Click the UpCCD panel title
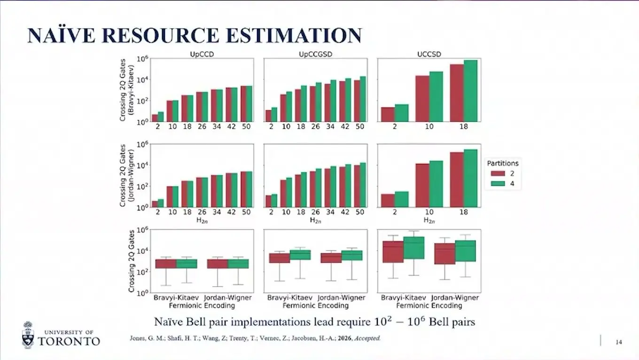click(x=202, y=54)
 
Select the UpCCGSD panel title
click(x=316, y=54)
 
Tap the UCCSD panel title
click(x=429, y=54)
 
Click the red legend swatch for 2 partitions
click(x=498, y=173)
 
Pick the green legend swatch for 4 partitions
click(x=498, y=183)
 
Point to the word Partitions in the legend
click(x=503, y=163)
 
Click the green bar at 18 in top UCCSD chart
click(x=470, y=91)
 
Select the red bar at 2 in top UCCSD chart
click(x=388, y=114)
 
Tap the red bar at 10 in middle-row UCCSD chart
click(x=422, y=186)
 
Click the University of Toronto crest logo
click(x=28, y=335)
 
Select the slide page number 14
click(x=619, y=342)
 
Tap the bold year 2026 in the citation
click(x=345, y=338)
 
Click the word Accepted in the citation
click(x=367, y=338)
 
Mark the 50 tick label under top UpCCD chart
click(x=246, y=126)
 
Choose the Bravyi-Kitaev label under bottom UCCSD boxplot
click(x=403, y=297)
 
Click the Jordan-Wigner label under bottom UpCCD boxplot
click(x=227, y=297)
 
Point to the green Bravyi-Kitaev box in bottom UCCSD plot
click(x=413, y=248)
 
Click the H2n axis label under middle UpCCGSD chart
click(x=316, y=220)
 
